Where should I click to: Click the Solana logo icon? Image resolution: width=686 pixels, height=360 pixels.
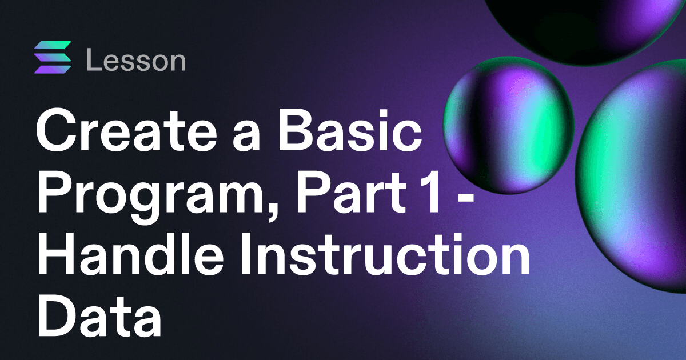53,58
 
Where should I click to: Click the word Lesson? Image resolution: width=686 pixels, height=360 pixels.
136,60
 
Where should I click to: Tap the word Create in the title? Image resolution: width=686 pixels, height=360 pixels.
127,130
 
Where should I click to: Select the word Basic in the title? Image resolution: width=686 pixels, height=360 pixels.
349,130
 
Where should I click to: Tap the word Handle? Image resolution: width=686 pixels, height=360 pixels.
130,254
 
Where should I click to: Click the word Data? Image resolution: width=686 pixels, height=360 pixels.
99,315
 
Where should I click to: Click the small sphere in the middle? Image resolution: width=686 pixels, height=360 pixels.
508,125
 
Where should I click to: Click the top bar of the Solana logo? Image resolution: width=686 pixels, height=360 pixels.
53,45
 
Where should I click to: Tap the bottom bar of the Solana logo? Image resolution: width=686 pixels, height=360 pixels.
53,70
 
